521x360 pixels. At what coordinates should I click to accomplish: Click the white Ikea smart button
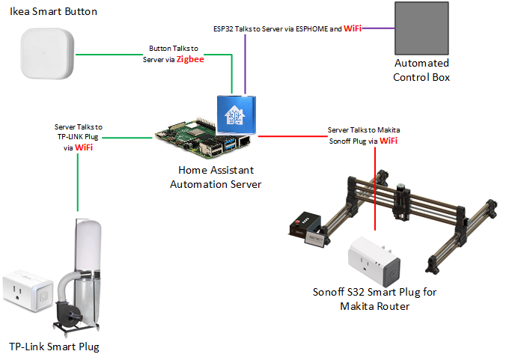click(47, 53)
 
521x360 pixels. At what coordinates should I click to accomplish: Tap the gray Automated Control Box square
click(421, 28)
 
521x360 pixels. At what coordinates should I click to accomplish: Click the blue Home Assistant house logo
click(234, 115)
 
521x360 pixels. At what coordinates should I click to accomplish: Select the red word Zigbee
click(190, 59)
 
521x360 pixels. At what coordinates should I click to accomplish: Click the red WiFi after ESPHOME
click(353, 28)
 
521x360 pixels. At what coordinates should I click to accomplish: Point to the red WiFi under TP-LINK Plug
click(84, 147)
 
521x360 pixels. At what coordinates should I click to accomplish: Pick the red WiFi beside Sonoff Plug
click(389, 141)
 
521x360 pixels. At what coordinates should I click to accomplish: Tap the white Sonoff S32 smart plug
click(374, 262)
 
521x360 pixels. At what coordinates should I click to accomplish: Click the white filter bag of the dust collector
click(88, 243)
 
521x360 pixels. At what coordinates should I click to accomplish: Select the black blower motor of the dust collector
click(67, 314)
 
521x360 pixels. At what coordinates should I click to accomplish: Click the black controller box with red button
click(305, 225)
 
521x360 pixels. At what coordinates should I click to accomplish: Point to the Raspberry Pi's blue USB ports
click(230, 144)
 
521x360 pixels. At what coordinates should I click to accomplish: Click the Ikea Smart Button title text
click(53, 12)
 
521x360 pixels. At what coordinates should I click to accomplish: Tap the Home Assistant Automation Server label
click(216, 177)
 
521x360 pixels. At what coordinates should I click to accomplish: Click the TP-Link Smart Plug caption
click(54, 347)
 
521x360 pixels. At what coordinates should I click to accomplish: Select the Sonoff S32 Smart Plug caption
click(374, 299)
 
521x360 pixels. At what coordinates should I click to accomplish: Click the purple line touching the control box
click(378, 28)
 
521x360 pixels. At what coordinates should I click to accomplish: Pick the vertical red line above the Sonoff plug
click(375, 189)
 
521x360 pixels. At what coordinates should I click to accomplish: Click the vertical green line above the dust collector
click(78, 183)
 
